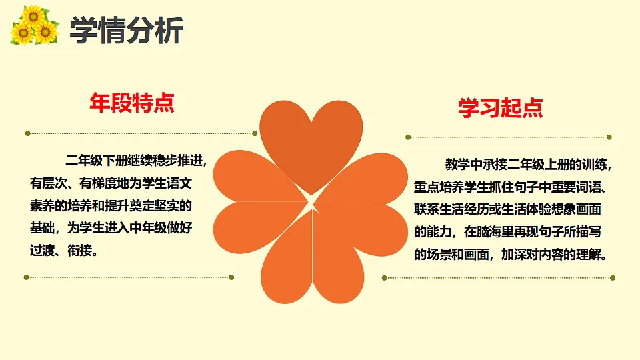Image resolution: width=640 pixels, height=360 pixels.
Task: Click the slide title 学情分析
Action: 126,31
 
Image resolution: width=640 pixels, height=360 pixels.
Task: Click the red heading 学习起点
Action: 500,108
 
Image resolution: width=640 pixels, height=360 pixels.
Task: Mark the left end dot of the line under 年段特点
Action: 27,133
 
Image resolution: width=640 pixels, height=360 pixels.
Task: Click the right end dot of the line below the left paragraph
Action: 231,277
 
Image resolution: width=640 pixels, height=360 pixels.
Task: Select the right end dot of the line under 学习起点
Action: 609,137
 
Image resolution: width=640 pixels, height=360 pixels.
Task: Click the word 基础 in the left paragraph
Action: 43,229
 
